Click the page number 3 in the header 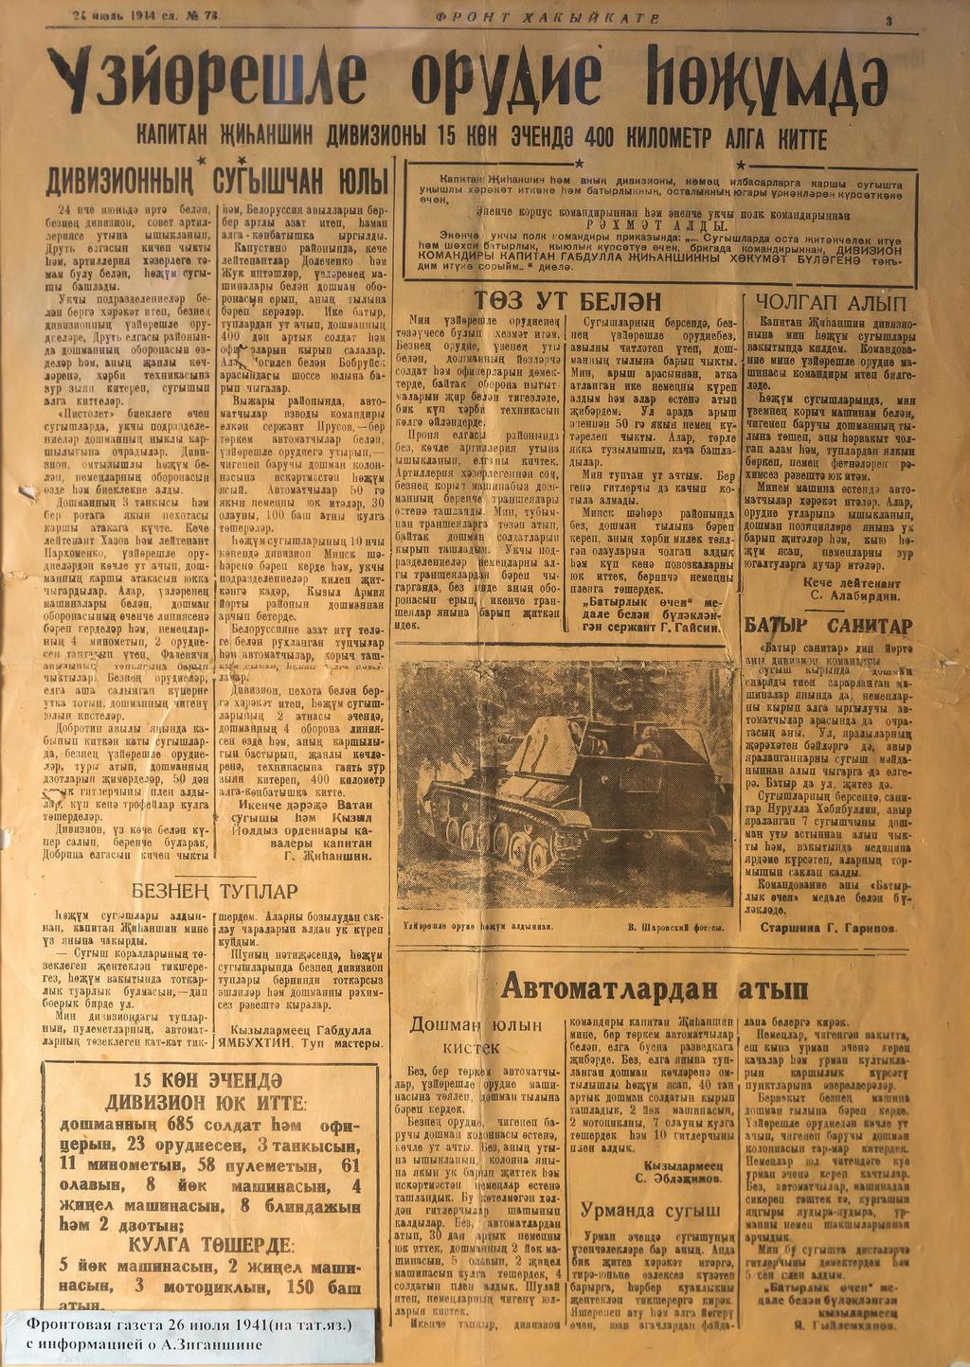[x=889, y=20]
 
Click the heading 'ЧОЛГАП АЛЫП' [x=832, y=303]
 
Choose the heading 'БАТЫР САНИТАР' [x=828, y=626]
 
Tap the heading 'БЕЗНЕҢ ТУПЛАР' [x=213, y=891]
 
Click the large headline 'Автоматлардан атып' [x=654, y=988]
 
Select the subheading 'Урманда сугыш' [x=650, y=1209]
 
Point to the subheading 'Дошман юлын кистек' [x=476, y=1036]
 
